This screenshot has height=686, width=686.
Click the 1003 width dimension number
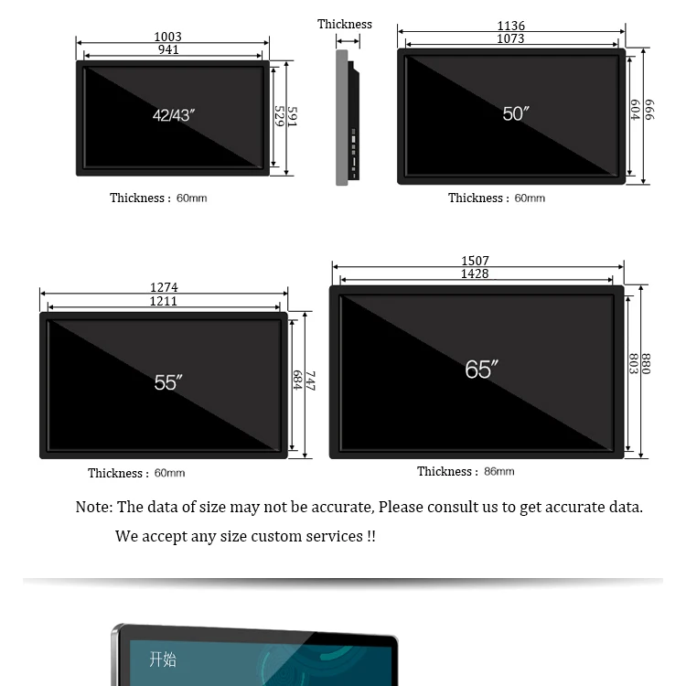[x=167, y=38]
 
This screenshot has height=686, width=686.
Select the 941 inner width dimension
[x=168, y=50]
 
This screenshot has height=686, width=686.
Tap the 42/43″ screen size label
[x=174, y=115]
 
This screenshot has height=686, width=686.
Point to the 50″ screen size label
[x=516, y=113]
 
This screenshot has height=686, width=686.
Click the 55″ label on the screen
[x=168, y=382]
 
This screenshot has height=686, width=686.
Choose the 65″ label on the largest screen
[x=481, y=370]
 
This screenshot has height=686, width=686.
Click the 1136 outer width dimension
[x=511, y=27]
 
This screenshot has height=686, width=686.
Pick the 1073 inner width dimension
[x=510, y=39]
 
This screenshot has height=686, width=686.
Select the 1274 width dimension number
[x=164, y=288]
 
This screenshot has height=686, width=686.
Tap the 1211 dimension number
[x=164, y=302]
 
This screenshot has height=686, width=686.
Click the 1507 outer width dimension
[x=475, y=262]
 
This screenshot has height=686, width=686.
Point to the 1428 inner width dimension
[x=475, y=274]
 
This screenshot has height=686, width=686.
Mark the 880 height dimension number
[x=646, y=364]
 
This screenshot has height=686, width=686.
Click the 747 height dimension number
[x=310, y=381]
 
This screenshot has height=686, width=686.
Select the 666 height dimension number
[x=648, y=110]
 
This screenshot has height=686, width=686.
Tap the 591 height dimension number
[x=292, y=117]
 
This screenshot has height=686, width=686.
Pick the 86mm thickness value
[x=499, y=472]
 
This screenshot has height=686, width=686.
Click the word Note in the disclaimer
[x=92, y=507]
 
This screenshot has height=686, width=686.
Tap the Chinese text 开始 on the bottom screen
[x=163, y=659]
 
